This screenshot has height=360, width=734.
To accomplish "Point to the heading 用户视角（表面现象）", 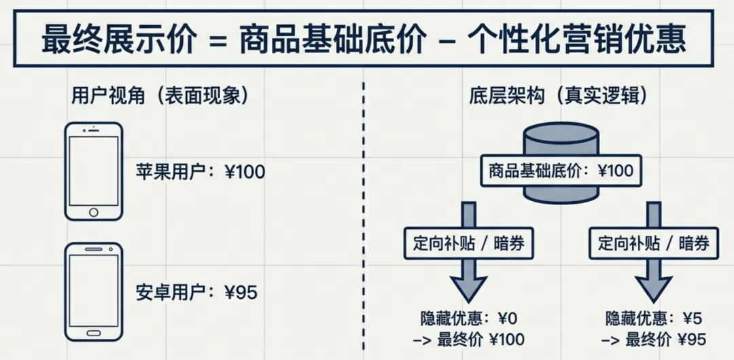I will [x=160, y=96].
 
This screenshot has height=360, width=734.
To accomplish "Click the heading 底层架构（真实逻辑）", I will [x=558, y=96].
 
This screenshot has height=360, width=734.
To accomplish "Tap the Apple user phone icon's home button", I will [x=94, y=213].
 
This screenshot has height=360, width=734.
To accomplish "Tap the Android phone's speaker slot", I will [x=94, y=251].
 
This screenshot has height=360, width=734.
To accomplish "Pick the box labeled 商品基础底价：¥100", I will [x=561, y=170].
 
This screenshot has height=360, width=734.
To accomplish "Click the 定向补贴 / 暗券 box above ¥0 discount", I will [x=469, y=243].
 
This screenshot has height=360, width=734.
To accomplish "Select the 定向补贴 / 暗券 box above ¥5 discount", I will [x=654, y=243].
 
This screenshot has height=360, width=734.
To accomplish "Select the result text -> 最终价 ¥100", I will [x=469, y=340].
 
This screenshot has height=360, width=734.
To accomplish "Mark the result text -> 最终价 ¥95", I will [x=654, y=340].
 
